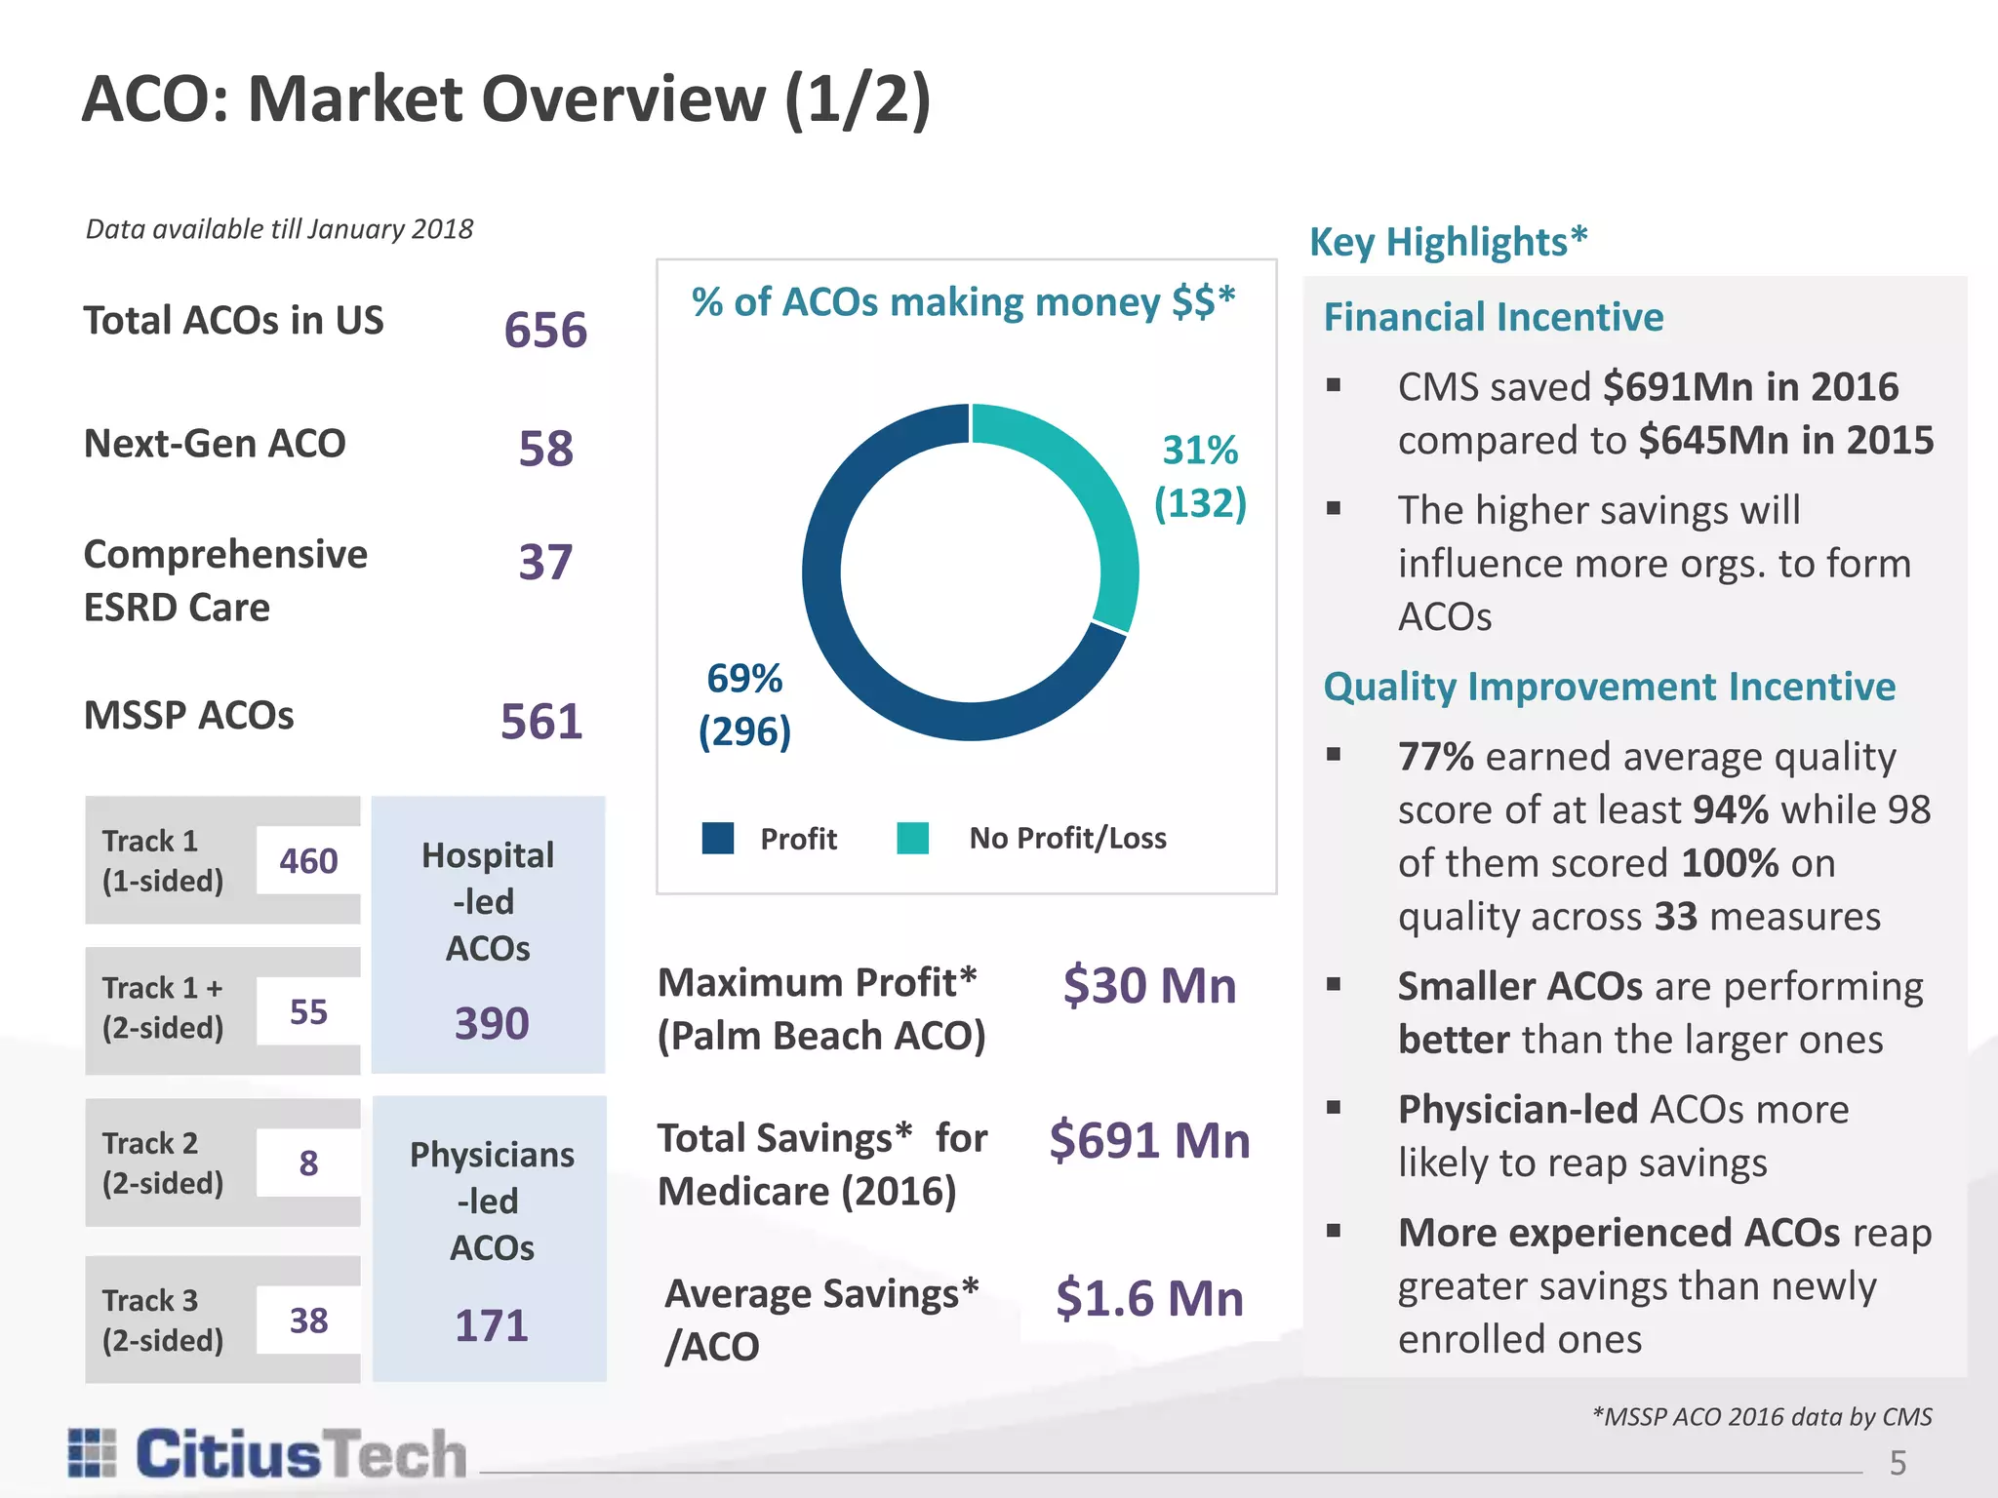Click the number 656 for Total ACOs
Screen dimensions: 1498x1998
point(545,330)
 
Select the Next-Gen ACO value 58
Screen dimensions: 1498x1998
point(545,449)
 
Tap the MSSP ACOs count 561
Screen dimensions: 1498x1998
point(541,722)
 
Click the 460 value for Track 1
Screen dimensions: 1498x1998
point(308,861)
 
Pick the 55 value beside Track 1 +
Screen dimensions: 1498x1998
point(308,1011)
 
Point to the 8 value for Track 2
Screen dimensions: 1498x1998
point(308,1163)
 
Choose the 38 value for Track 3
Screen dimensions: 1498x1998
point(308,1321)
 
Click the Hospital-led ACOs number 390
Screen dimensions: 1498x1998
point(492,1023)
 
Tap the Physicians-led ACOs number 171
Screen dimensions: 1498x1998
point(492,1325)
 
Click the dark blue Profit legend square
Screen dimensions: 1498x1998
point(718,838)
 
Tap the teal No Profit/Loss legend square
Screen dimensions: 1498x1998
point(912,838)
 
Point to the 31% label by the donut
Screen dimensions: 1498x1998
point(1200,451)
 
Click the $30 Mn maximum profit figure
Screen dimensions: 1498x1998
point(1149,985)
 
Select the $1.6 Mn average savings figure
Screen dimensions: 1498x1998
point(1149,1298)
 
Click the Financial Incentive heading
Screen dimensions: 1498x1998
point(1493,317)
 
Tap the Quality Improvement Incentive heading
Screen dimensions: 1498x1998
point(1609,687)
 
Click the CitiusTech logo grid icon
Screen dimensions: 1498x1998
point(93,1452)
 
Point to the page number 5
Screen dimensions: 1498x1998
point(1898,1463)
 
